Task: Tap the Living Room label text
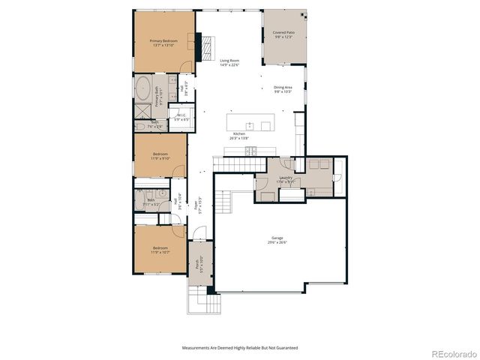coord(229,61)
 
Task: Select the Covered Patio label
coord(283,34)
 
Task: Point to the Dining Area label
coord(283,87)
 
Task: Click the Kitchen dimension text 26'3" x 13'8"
coord(239,139)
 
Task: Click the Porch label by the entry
coord(197,264)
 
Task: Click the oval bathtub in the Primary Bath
coord(142,89)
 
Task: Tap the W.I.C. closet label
coord(181,115)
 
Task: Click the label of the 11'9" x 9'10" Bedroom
coord(161,154)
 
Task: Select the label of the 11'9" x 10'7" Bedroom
coord(161,248)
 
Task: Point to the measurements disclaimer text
coord(239,347)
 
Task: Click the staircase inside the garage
coord(223,201)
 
